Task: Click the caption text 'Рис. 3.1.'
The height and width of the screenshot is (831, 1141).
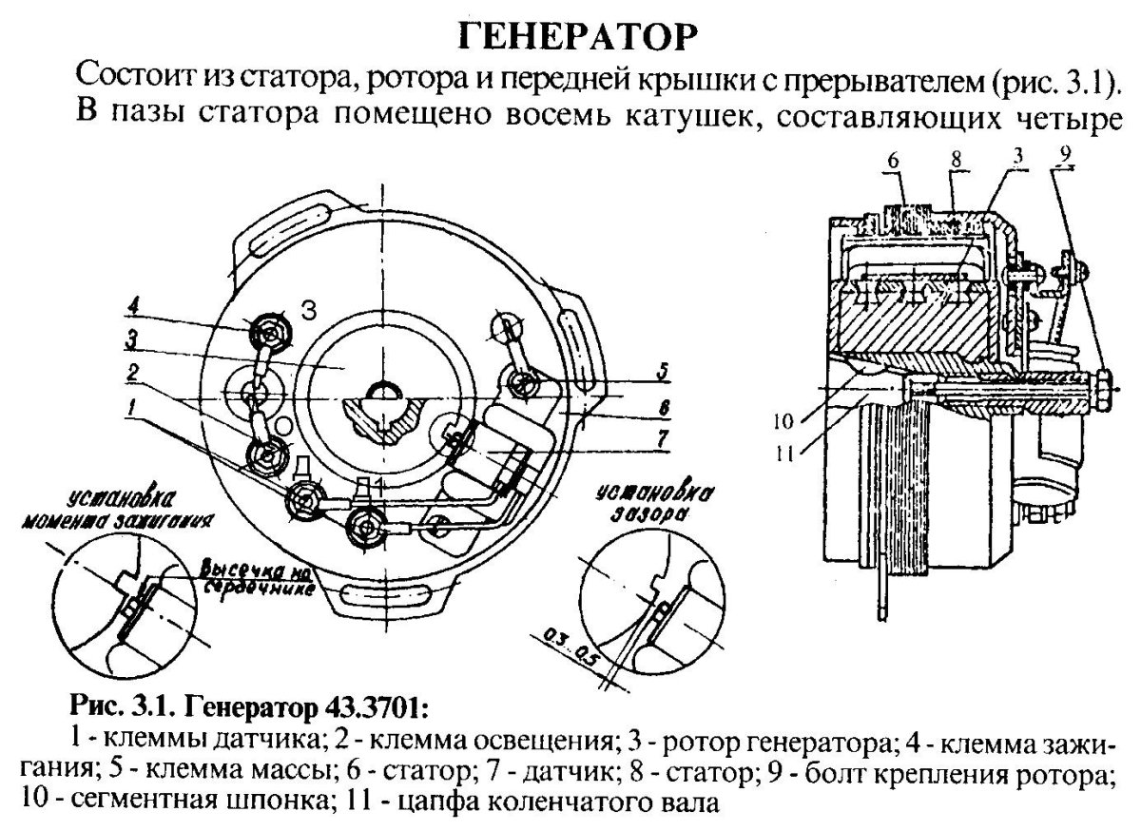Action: click(x=115, y=708)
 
